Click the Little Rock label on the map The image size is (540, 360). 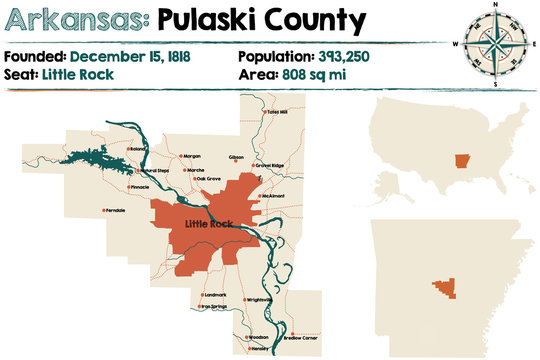click(x=209, y=223)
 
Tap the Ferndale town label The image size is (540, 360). click(x=114, y=210)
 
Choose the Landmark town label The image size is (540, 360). click(x=214, y=295)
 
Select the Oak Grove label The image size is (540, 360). click(x=208, y=180)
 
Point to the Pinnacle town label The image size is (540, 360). click(x=139, y=187)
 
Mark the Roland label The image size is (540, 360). click(x=138, y=149)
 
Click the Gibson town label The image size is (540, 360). click(x=236, y=157)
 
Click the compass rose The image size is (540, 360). click(x=495, y=44)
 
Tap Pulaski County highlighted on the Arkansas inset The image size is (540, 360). click(x=441, y=287)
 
